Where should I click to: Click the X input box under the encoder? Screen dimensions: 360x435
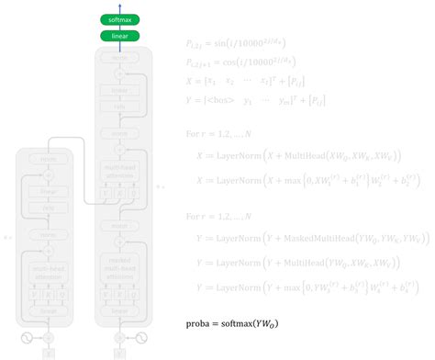click(50, 353)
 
